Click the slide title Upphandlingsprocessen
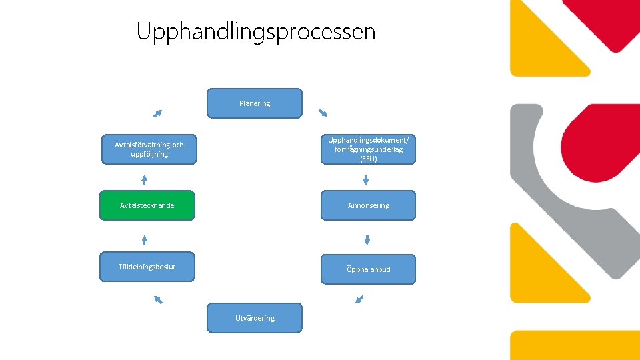[256, 31]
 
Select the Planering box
[255, 103]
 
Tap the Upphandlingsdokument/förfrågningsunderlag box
[368, 149]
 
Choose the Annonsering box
[368, 205]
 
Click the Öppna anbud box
[368, 269]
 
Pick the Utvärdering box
[255, 318]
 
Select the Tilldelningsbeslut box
[147, 267]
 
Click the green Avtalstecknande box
[147, 205]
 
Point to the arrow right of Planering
[323, 112]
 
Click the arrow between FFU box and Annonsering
[366, 179]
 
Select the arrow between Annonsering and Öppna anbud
[367, 239]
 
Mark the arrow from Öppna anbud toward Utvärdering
[360, 299]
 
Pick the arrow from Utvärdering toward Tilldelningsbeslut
[158, 299]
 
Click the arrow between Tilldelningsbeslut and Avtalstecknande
[144, 239]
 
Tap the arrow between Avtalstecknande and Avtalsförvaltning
[144, 179]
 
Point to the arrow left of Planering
[157, 113]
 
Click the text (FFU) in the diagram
[368, 159]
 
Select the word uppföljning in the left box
[149, 155]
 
